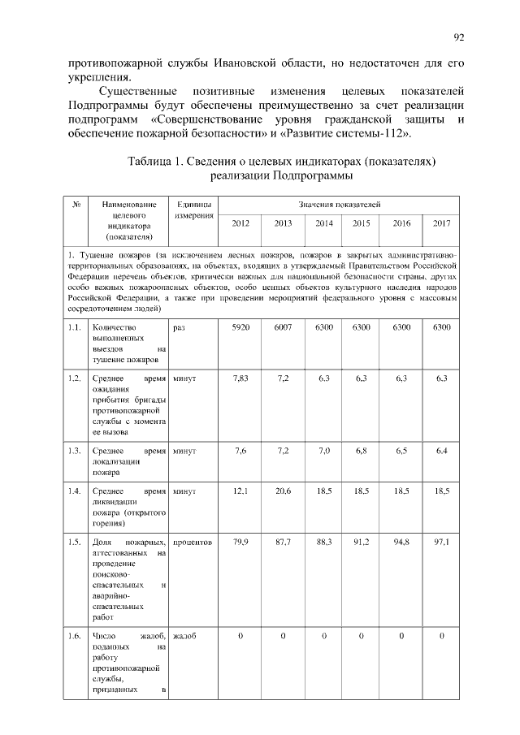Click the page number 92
[x=459, y=37]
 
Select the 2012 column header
[x=240, y=223]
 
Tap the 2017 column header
[x=441, y=223]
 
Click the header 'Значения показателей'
[x=340, y=205]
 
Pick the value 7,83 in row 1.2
[x=240, y=379]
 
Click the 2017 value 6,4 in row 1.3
[x=441, y=451]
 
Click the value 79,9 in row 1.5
[x=240, y=542]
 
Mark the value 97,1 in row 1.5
[x=441, y=542]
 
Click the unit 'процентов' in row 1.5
[x=193, y=542]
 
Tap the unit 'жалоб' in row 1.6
[x=184, y=636]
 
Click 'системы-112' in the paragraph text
[x=370, y=132]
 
